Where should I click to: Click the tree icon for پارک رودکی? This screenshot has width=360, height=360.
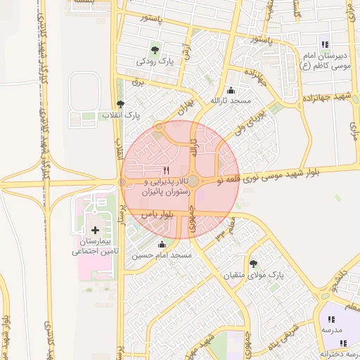(x=154, y=49)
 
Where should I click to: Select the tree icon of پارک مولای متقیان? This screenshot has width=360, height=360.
(x=253, y=263)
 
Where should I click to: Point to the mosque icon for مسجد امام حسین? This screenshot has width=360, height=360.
(x=162, y=244)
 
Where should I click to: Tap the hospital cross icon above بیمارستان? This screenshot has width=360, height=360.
(x=96, y=230)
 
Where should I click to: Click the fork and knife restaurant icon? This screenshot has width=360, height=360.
(x=167, y=170)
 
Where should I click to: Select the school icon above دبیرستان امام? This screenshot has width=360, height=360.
(x=324, y=44)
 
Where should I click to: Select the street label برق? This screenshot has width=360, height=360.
(x=139, y=82)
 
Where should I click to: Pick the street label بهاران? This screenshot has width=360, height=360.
(x=184, y=112)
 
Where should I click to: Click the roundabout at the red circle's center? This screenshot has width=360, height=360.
(x=193, y=181)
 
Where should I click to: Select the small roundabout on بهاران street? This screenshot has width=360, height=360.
(x=160, y=127)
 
